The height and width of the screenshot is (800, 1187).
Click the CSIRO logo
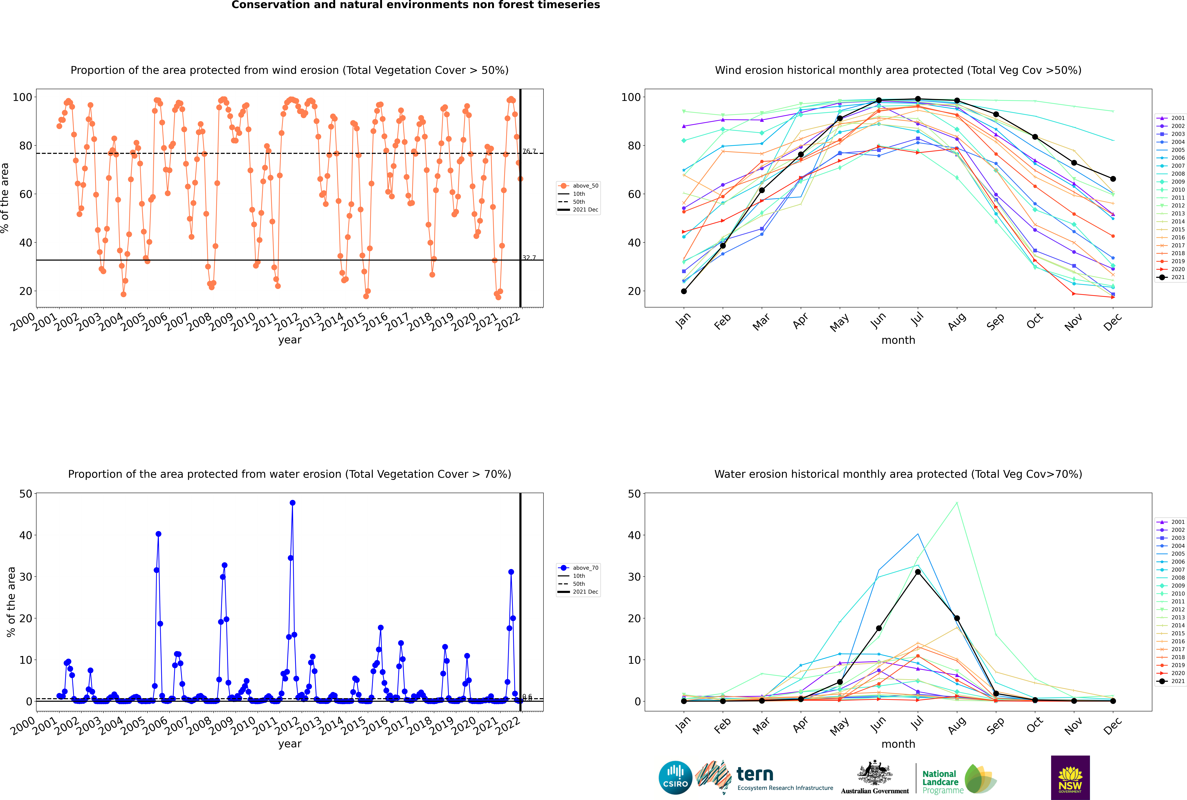point(675,778)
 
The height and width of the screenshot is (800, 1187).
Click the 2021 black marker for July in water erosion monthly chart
point(918,572)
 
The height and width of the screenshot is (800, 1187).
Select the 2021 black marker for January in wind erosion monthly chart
point(684,291)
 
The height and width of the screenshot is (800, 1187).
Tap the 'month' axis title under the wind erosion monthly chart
point(898,340)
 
